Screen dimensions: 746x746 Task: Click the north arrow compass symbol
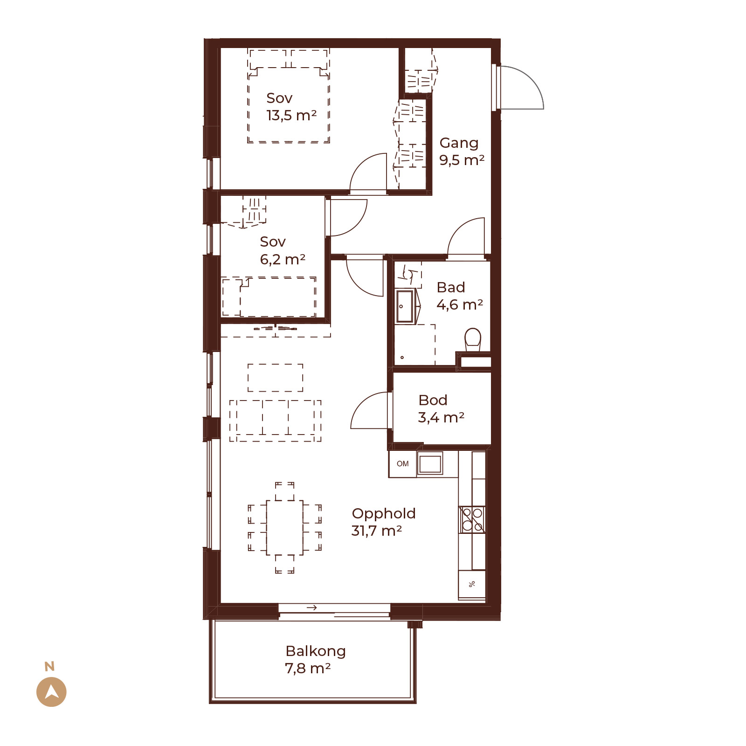[x=51, y=691]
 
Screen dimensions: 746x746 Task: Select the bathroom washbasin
[x=405, y=306]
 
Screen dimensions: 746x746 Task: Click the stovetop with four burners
[x=472, y=519]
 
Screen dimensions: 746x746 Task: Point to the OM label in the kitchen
[x=402, y=464]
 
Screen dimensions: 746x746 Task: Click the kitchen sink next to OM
[x=430, y=464]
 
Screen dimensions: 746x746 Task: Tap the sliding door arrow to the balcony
[x=312, y=608]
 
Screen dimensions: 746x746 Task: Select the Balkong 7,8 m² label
[x=315, y=659]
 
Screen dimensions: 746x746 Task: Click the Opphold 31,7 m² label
[x=383, y=522]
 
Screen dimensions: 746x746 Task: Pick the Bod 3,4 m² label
[x=441, y=408]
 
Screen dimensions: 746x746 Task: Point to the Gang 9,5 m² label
[x=462, y=151]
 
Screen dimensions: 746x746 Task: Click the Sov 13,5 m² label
[x=291, y=106]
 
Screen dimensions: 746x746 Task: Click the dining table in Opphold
[x=284, y=527]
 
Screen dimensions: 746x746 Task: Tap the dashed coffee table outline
[x=275, y=378]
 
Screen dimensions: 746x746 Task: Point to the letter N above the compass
[x=49, y=666]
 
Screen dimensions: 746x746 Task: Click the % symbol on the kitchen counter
[x=472, y=584]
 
